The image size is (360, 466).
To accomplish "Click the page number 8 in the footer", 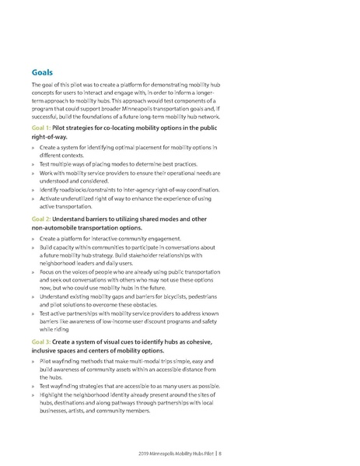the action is coord(328,451).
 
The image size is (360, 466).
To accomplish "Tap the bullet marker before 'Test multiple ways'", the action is coord(33,163).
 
